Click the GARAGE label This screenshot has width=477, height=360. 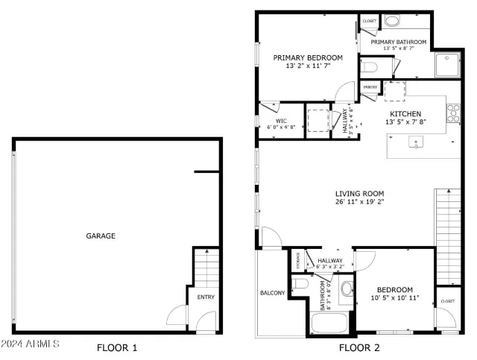pos(100,236)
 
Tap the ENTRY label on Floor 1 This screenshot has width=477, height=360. pos(205,297)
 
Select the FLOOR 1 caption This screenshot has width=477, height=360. pos(118,347)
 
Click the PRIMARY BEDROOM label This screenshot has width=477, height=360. pos(307,57)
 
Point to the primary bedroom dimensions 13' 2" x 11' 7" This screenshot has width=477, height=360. pos(307,66)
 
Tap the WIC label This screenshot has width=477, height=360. pos(281,119)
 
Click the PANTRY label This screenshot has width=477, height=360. pos(370,87)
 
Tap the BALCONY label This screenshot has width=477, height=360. pos(272,293)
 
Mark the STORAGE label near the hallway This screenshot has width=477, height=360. pos(299,260)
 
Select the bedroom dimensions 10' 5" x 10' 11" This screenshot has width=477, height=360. pos(394,298)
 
